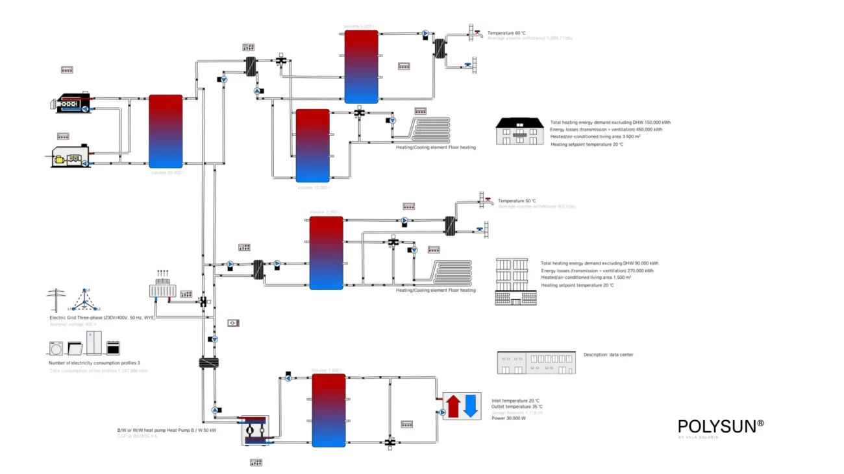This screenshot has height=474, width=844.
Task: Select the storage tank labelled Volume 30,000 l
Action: (x=166, y=132)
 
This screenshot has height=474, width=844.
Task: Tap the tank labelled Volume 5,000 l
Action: (x=361, y=67)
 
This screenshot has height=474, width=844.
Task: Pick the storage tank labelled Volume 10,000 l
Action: (x=312, y=146)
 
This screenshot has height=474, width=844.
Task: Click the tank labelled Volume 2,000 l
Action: (x=326, y=253)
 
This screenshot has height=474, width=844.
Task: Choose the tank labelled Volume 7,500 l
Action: (x=329, y=410)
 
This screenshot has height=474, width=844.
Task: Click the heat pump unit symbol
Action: (x=255, y=430)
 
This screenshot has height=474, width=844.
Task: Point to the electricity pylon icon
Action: (x=56, y=300)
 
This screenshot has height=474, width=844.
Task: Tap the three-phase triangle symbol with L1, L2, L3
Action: (x=84, y=300)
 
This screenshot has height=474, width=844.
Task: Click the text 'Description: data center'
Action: (x=608, y=355)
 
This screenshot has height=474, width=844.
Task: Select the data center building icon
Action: (x=536, y=362)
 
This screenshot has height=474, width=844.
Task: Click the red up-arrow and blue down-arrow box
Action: (x=462, y=406)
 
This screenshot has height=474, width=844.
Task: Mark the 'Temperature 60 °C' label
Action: (x=506, y=32)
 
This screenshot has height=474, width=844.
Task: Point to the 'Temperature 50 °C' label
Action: (x=517, y=201)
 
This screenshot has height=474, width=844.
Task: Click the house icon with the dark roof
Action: (x=519, y=131)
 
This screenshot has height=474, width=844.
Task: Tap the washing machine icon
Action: (x=55, y=348)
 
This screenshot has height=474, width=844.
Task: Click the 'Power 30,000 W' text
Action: (x=508, y=418)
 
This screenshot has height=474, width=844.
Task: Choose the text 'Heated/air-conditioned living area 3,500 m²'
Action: (x=595, y=137)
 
